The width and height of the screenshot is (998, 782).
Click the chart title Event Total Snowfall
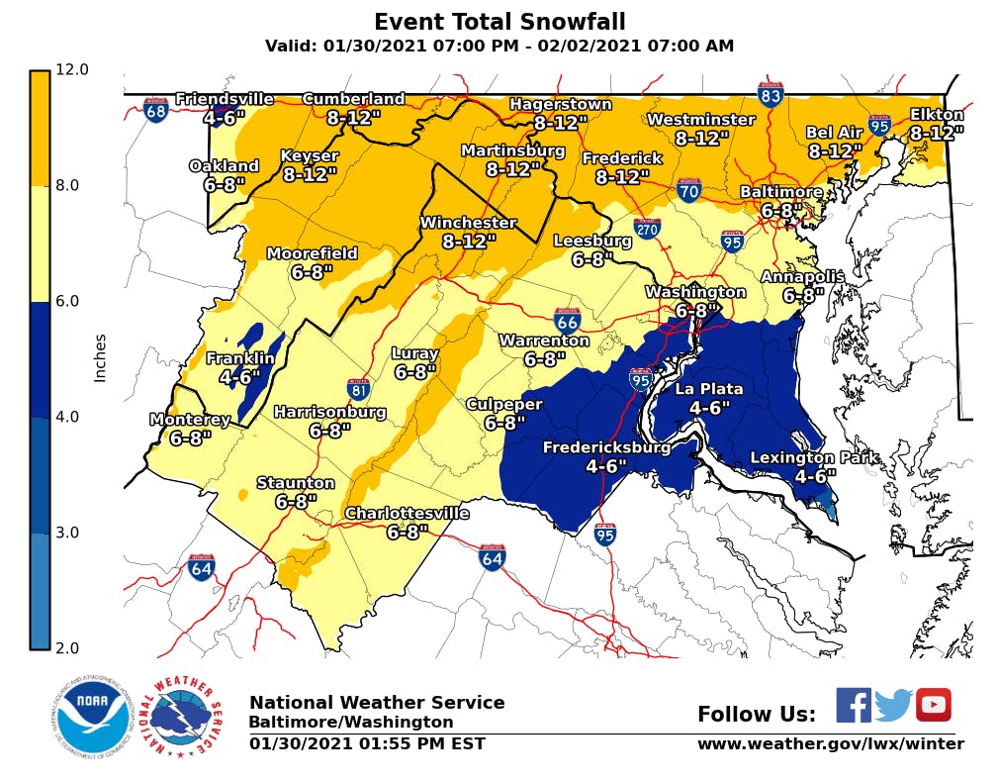499,22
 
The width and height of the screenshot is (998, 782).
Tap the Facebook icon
854,705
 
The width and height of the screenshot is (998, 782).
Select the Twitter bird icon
893,705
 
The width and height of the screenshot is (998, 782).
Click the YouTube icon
933,705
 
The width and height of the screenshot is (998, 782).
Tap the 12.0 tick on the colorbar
72,69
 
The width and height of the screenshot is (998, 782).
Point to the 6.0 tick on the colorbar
72,301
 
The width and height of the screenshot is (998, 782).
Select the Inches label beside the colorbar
100,357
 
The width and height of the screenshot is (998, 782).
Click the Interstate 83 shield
771,94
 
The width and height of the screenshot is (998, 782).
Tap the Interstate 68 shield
155,109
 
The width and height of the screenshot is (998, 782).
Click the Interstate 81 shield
359,389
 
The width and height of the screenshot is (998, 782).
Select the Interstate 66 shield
567,319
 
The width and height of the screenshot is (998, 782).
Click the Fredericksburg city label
606,448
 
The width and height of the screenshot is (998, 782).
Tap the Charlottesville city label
407,514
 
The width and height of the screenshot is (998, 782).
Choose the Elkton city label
936,116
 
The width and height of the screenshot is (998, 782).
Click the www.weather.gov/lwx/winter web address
830,743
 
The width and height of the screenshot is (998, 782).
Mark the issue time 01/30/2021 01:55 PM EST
367,743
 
